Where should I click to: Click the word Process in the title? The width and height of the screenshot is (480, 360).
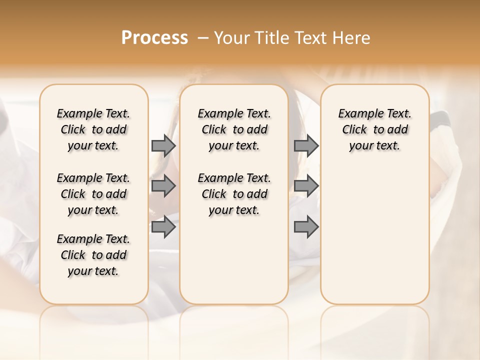tap(154, 38)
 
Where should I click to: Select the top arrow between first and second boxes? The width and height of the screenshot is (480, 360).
tap(163, 145)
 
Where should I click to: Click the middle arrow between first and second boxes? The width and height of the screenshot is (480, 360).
tap(163, 186)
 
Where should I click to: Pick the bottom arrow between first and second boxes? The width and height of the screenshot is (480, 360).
tap(163, 226)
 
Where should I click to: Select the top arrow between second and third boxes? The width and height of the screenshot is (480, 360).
tap(306, 145)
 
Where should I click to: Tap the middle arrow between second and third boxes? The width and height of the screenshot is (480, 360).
tap(306, 186)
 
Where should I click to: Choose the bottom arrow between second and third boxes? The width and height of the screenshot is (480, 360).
tap(306, 226)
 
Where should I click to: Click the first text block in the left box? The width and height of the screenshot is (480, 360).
tap(93, 129)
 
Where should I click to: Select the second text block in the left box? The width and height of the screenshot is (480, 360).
tap(93, 194)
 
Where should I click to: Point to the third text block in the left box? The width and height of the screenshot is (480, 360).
tap(93, 255)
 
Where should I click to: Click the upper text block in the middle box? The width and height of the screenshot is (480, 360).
tap(234, 129)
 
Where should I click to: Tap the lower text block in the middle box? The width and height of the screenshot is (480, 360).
tap(234, 194)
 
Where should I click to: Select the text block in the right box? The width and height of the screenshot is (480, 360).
tap(374, 129)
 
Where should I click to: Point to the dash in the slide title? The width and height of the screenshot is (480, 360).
tap(203, 38)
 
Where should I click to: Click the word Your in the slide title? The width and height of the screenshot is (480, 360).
tap(232, 38)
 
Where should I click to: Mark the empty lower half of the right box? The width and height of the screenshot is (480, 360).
tap(374, 240)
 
